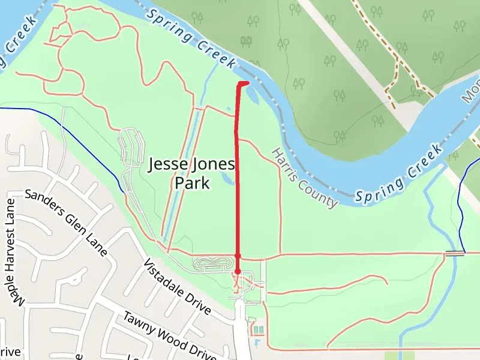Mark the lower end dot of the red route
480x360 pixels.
point(238,272)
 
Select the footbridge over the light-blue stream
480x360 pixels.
point(455,254)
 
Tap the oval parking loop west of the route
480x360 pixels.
point(213,263)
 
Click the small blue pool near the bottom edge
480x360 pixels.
point(257,343)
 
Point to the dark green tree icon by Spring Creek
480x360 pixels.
point(245,41)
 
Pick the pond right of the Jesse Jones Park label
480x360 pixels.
point(227,178)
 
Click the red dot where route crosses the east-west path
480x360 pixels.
point(238,256)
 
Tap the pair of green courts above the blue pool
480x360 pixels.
point(258,330)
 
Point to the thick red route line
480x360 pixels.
point(237,180)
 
